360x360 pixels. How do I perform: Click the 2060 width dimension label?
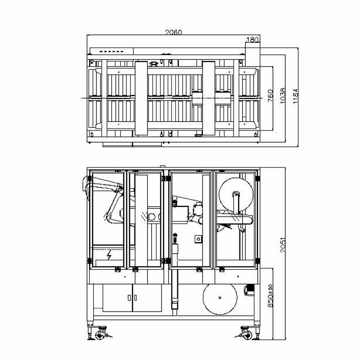click(173, 32)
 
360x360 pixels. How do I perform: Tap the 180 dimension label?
click(252, 40)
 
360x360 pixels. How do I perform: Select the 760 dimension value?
click(270, 95)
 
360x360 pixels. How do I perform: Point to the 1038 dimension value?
click(283, 95)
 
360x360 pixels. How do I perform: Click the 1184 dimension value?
click(296, 96)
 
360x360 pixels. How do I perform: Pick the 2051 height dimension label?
click(283, 245)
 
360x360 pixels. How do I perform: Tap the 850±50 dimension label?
click(270, 296)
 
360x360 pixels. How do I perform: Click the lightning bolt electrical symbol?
click(109, 255)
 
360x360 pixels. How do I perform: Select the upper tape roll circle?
click(236, 195)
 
